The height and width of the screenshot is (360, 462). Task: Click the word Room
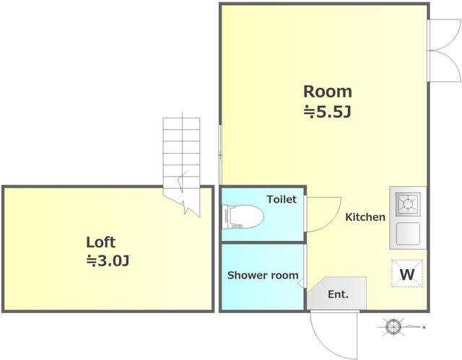pos(328,92)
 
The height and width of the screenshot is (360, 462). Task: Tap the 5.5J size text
pos(327,112)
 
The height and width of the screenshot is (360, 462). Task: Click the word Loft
pos(101,242)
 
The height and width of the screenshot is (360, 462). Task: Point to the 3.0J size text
pos(108,260)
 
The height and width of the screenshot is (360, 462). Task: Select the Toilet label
pos(282,199)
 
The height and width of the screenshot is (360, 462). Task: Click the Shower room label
pos(263,275)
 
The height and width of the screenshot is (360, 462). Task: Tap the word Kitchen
pos(365,217)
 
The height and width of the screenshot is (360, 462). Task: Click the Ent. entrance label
pos(338,294)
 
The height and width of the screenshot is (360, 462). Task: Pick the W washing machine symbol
pos(407,273)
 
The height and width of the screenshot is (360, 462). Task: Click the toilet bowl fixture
pos(243,217)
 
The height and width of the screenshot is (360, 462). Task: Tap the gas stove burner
pos(408,203)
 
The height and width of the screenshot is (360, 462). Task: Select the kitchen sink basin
pos(408,234)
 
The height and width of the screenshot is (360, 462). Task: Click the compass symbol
pos(393,326)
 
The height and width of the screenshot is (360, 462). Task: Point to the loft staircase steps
pos(181,153)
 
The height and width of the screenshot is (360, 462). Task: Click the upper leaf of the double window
pos(445,35)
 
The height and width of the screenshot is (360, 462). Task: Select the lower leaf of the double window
pos(445,66)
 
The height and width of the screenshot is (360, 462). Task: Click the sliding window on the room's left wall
pos(219,155)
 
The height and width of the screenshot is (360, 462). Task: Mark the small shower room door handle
pos(302,283)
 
